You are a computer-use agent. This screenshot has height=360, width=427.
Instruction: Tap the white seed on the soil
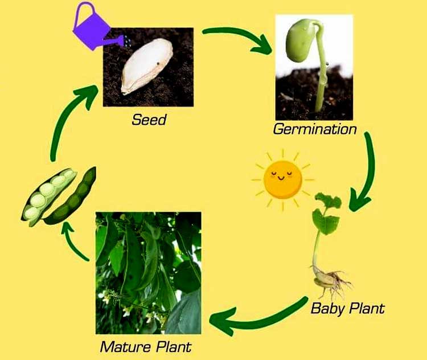tap(147, 66)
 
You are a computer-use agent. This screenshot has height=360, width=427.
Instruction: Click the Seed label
tap(149, 120)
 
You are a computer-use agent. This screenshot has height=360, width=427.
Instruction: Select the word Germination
tap(315, 129)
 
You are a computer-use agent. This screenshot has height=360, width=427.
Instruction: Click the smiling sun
tap(282, 179)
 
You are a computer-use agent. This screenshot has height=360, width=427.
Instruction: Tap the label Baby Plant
tap(347, 308)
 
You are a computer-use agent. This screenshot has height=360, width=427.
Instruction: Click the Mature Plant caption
tap(146, 347)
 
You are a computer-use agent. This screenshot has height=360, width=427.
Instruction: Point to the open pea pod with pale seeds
tap(48, 197)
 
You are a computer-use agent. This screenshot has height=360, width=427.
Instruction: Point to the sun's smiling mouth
tap(281, 178)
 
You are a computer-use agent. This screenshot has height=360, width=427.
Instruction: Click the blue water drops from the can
tap(127, 40)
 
